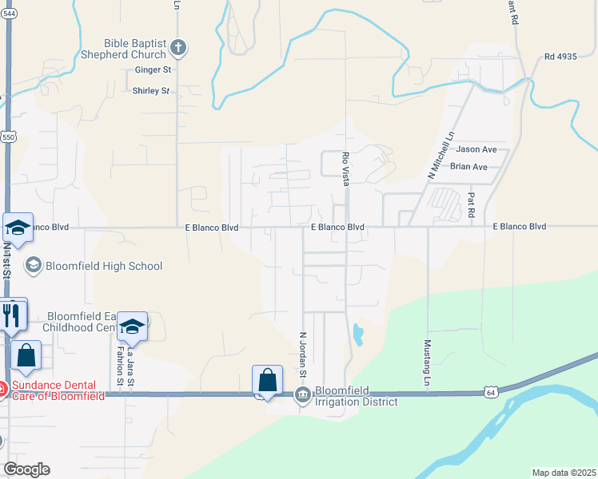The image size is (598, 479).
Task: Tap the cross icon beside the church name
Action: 177,49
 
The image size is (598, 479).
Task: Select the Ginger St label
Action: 153,70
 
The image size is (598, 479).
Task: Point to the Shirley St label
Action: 151,91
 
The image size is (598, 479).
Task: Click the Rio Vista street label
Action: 346,169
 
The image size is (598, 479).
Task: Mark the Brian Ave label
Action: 468,167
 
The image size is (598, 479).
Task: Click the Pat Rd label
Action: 471,206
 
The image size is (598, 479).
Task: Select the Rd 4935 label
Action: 560,57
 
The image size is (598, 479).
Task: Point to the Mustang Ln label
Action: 427,364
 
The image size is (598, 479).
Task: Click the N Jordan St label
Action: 303,354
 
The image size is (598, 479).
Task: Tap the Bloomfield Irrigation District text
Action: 356,396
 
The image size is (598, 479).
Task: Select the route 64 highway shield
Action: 490,392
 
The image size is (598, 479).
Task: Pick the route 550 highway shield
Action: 6,137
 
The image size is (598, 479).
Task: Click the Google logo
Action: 26,469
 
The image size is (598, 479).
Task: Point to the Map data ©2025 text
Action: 563,473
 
